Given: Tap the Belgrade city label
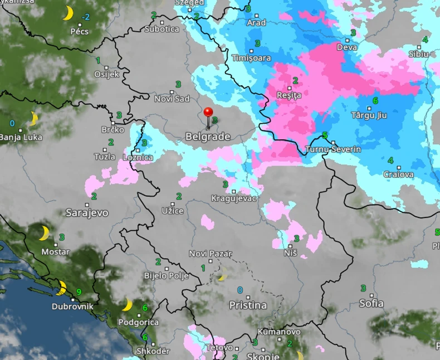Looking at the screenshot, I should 208,137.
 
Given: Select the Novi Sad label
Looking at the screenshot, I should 172,99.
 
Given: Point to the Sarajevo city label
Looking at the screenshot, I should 87,212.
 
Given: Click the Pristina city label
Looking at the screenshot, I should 248,305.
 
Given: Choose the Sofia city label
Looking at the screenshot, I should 371,303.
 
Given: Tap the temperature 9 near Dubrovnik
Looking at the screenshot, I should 79,291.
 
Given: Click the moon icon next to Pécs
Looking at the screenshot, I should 68,13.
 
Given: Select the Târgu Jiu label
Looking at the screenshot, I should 369,115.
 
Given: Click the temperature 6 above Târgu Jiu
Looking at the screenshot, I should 375,101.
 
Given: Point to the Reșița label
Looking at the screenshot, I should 289,95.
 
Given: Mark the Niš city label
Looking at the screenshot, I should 290,253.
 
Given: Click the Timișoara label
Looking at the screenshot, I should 251,58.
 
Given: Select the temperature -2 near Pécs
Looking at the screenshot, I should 85,17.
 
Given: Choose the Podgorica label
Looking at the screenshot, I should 138,322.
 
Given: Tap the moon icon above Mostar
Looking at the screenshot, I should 43,233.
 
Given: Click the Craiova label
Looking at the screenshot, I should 399,174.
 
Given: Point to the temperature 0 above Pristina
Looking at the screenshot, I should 240,290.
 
